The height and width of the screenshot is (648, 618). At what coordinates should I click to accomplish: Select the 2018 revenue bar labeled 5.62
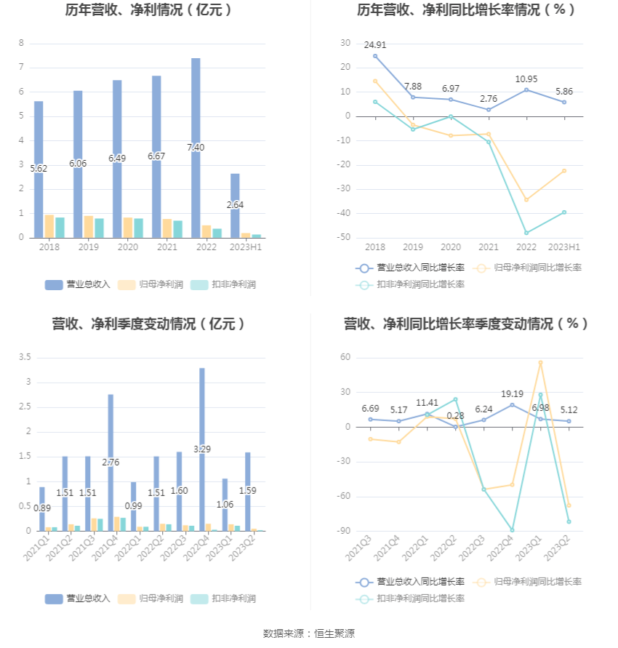click(x=39, y=169)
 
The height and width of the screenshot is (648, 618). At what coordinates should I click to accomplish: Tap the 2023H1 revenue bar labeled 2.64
click(x=235, y=205)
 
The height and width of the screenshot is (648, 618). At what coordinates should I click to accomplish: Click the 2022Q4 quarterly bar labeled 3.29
click(x=202, y=449)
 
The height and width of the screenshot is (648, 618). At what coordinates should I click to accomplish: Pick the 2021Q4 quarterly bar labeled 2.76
click(x=111, y=463)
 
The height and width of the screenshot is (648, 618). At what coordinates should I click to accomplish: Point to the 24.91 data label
click(x=375, y=45)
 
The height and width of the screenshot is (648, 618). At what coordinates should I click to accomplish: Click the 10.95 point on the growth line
click(x=526, y=89)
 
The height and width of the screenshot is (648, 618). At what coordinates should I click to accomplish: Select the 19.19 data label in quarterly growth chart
click(x=512, y=393)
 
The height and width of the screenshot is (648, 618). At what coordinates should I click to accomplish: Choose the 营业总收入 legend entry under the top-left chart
click(x=78, y=284)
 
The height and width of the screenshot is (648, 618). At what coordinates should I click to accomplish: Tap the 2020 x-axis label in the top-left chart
click(x=127, y=247)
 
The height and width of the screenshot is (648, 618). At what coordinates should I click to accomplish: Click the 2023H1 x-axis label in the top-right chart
click(x=565, y=247)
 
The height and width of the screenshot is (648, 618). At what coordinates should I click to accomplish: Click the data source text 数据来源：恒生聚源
click(x=308, y=633)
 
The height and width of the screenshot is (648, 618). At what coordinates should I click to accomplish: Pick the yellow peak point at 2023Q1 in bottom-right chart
click(x=540, y=362)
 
